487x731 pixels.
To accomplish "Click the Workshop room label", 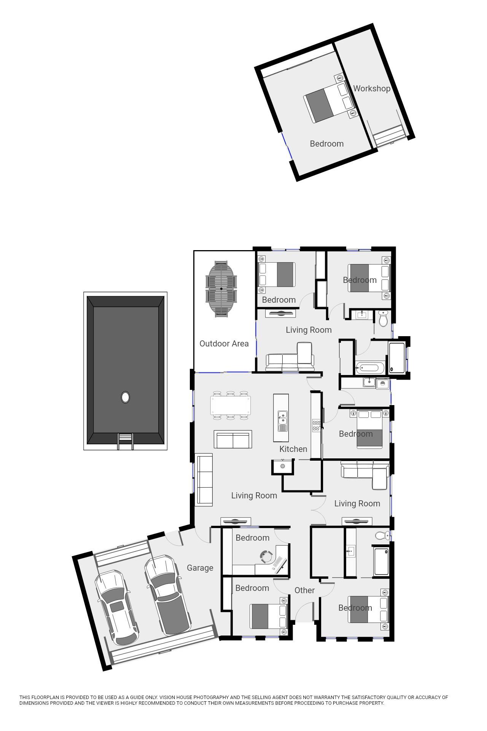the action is pyautogui.click(x=372, y=88).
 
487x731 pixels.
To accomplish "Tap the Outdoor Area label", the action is pyautogui.click(x=224, y=343).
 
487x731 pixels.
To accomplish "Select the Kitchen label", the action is pyautogui.click(x=293, y=449).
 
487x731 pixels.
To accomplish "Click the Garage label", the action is pyautogui.click(x=200, y=568).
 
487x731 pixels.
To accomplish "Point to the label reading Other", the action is pyautogui.click(x=304, y=590).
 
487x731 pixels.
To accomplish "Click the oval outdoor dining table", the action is pyautogui.click(x=221, y=289).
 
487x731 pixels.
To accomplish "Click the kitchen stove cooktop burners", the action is pyautogui.click(x=316, y=425).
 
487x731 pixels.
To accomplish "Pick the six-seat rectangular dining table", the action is pyautogui.click(x=231, y=405).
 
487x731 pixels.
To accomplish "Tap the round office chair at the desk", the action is pyautogui.click(x=266, y=556).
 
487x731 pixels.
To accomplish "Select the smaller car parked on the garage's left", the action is pyautogui.click(x=116, y=607).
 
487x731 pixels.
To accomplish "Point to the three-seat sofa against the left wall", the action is pyautogui.click(x=204, y=480).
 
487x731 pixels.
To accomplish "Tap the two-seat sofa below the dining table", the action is pyautogui.click(x=233, y=439).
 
